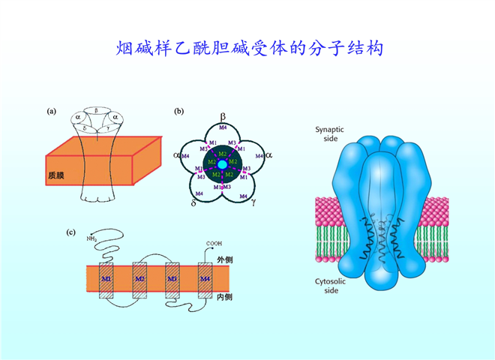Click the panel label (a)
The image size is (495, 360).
52,112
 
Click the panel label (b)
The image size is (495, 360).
178,112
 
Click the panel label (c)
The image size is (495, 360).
71,232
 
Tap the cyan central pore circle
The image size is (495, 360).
222,164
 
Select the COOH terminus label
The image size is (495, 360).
214,244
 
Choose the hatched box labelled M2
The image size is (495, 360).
139,280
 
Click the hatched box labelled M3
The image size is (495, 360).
172,280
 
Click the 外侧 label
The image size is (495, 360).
223,259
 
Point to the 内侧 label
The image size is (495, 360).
223,298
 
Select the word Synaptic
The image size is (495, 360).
328,128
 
